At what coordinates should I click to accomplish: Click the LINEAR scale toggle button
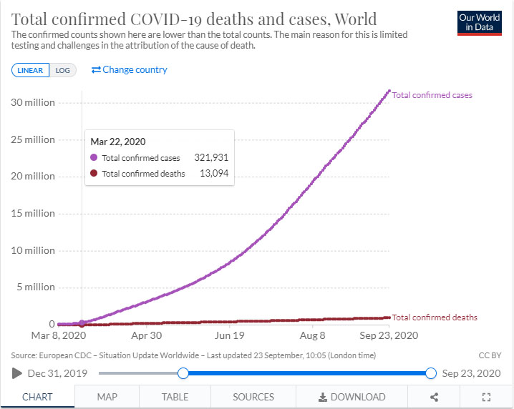pyautogui.click(x=31, y=70)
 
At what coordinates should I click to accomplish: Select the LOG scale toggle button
pyautogui.click(x=63, y=70)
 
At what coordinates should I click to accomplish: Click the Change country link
pyautogui.click(x=129, y=69)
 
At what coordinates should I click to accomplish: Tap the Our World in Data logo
pyautogui.click(x=479, y=22)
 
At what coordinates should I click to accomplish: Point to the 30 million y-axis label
pyautogui.click(x=33, y=102)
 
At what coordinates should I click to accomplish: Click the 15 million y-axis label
pyautogui.click(x=33, y=213)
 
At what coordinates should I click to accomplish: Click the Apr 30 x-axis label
pyautogui.click(x=146, y=335)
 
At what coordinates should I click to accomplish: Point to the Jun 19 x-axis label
pyautogui.click(x=229, y=335)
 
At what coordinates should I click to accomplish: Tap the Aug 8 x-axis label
pyautogui.click(x=312, y=335)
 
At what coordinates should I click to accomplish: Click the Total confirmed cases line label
pyautogui.click(x=432, y=95)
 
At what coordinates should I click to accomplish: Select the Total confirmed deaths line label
pyautogui.click(x=435, y=317)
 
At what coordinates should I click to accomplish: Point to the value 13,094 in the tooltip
pyautogui.click(x=213, y=174)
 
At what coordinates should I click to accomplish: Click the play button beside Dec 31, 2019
pyautogui.click(x=17, y=373)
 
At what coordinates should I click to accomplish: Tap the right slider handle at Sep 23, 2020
pyautogui.click(x=431, y=373)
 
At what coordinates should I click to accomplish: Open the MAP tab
pyautogui.click(x=107, y=397)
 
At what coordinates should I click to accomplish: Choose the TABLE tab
pyautogui.click(x=175, y=397)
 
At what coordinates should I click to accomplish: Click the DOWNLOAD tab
pyautogui.click(x=351, y=397)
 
